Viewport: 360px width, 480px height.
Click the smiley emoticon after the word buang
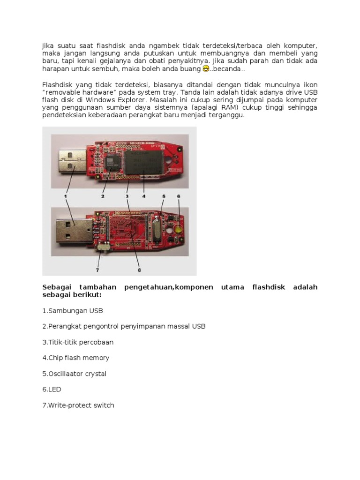tap(205, 69)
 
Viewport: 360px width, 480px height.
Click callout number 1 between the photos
tap(66, 192)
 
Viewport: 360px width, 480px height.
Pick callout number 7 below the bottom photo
tap(97, 270)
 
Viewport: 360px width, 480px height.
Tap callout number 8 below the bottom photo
tap(139, 270)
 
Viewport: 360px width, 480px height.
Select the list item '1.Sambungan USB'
tap(72, 310)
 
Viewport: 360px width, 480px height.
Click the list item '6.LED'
tap(52, 390)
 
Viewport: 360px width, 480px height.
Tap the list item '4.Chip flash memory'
tap(75, 358)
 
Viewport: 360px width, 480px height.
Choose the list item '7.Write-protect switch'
tap(78, 405)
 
